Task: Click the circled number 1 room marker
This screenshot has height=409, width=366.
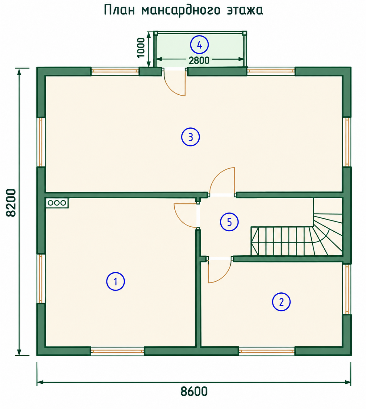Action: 115,281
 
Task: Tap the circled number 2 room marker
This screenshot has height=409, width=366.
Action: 281,302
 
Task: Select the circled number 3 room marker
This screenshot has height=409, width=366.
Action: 190,137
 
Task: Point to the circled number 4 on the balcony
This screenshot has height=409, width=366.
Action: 199,45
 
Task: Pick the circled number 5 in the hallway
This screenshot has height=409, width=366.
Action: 229,222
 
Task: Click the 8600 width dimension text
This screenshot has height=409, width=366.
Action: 194,392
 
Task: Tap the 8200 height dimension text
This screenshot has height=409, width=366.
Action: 11,203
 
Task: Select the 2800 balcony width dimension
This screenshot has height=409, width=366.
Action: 199,60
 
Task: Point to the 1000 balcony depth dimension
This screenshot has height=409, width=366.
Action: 141,48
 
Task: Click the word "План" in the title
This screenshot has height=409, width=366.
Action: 119,10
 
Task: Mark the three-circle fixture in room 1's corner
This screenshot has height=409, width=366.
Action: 57,203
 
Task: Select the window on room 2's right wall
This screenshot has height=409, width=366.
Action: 347,289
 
